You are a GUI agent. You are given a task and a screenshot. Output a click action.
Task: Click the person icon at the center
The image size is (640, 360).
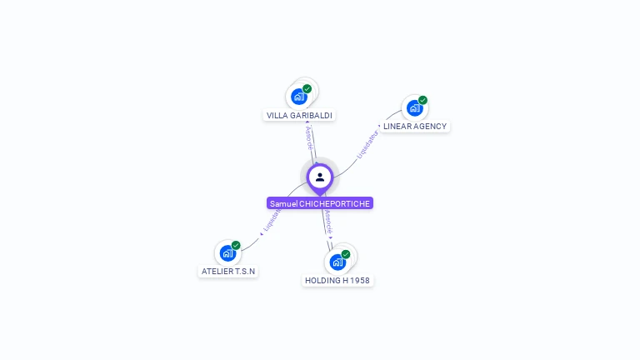point(320,177)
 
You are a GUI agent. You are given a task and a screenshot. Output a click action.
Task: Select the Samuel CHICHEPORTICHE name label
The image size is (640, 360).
point(320,203)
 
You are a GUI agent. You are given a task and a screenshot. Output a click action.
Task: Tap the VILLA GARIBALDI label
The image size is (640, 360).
point(299,115)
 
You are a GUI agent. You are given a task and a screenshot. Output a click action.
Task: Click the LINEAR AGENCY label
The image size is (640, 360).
point(415,127)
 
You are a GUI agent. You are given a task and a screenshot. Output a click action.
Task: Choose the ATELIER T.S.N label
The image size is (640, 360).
point(228,272)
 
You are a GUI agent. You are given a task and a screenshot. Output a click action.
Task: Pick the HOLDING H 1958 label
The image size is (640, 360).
point(337,281)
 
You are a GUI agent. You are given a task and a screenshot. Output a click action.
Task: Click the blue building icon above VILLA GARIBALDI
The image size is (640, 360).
point(299,97)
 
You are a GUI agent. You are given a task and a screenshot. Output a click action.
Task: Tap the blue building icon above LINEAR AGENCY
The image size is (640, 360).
point(413,107)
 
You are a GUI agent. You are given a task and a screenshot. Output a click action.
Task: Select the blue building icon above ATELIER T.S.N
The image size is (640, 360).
point(227,252)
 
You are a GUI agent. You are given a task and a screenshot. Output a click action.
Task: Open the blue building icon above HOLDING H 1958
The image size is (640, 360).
point(337,262)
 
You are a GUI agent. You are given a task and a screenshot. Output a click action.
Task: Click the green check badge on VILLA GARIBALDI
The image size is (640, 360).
point(307,89)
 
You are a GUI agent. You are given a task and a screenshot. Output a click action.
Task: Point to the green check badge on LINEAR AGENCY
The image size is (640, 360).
point(422,100)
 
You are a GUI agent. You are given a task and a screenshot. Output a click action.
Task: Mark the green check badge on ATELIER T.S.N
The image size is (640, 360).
point(236,245)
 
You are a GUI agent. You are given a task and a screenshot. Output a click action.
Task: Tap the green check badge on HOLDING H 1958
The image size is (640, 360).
point(346,254)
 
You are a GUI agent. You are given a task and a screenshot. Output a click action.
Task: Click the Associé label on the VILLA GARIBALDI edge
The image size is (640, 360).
point(309,138)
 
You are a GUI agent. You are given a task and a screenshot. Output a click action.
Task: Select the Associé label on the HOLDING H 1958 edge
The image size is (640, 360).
point(329,221)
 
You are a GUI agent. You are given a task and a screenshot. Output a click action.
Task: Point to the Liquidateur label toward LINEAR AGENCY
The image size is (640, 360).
point(367,143)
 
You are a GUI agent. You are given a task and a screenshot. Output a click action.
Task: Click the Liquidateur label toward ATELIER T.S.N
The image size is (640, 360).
point(271,220)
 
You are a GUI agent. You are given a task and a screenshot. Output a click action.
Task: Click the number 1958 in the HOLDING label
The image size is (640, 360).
point(359,281)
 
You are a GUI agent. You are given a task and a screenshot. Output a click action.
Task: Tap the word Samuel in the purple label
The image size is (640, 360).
point(283,203)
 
